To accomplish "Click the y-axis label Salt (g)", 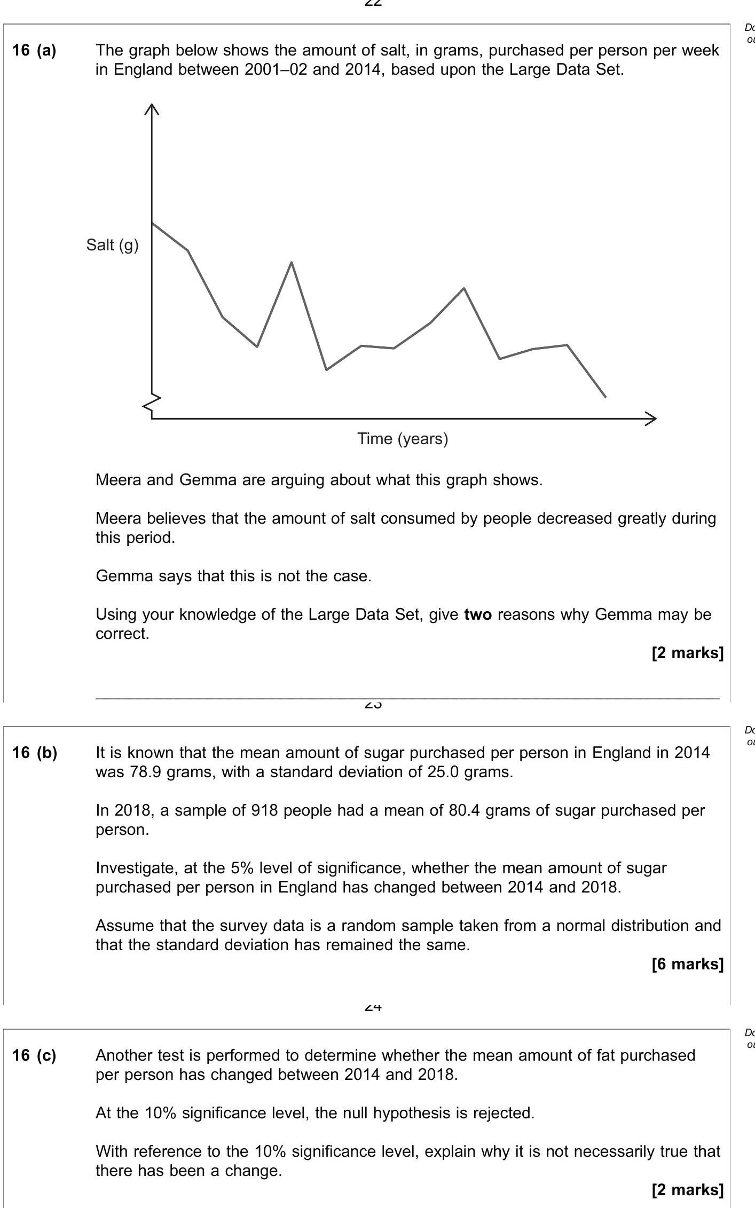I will pos(112,245).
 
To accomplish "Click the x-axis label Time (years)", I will pos(403,439).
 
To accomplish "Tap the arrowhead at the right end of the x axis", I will pos(651,419).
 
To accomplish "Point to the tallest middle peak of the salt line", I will pos(292,263).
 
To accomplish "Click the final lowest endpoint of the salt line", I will pos(605,397).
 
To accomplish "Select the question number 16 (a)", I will pos(34,50).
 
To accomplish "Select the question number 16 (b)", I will pos(34,753).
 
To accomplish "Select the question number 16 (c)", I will pos(34,1055).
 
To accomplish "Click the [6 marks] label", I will pos(687,964).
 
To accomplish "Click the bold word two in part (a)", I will pos(478,614).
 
